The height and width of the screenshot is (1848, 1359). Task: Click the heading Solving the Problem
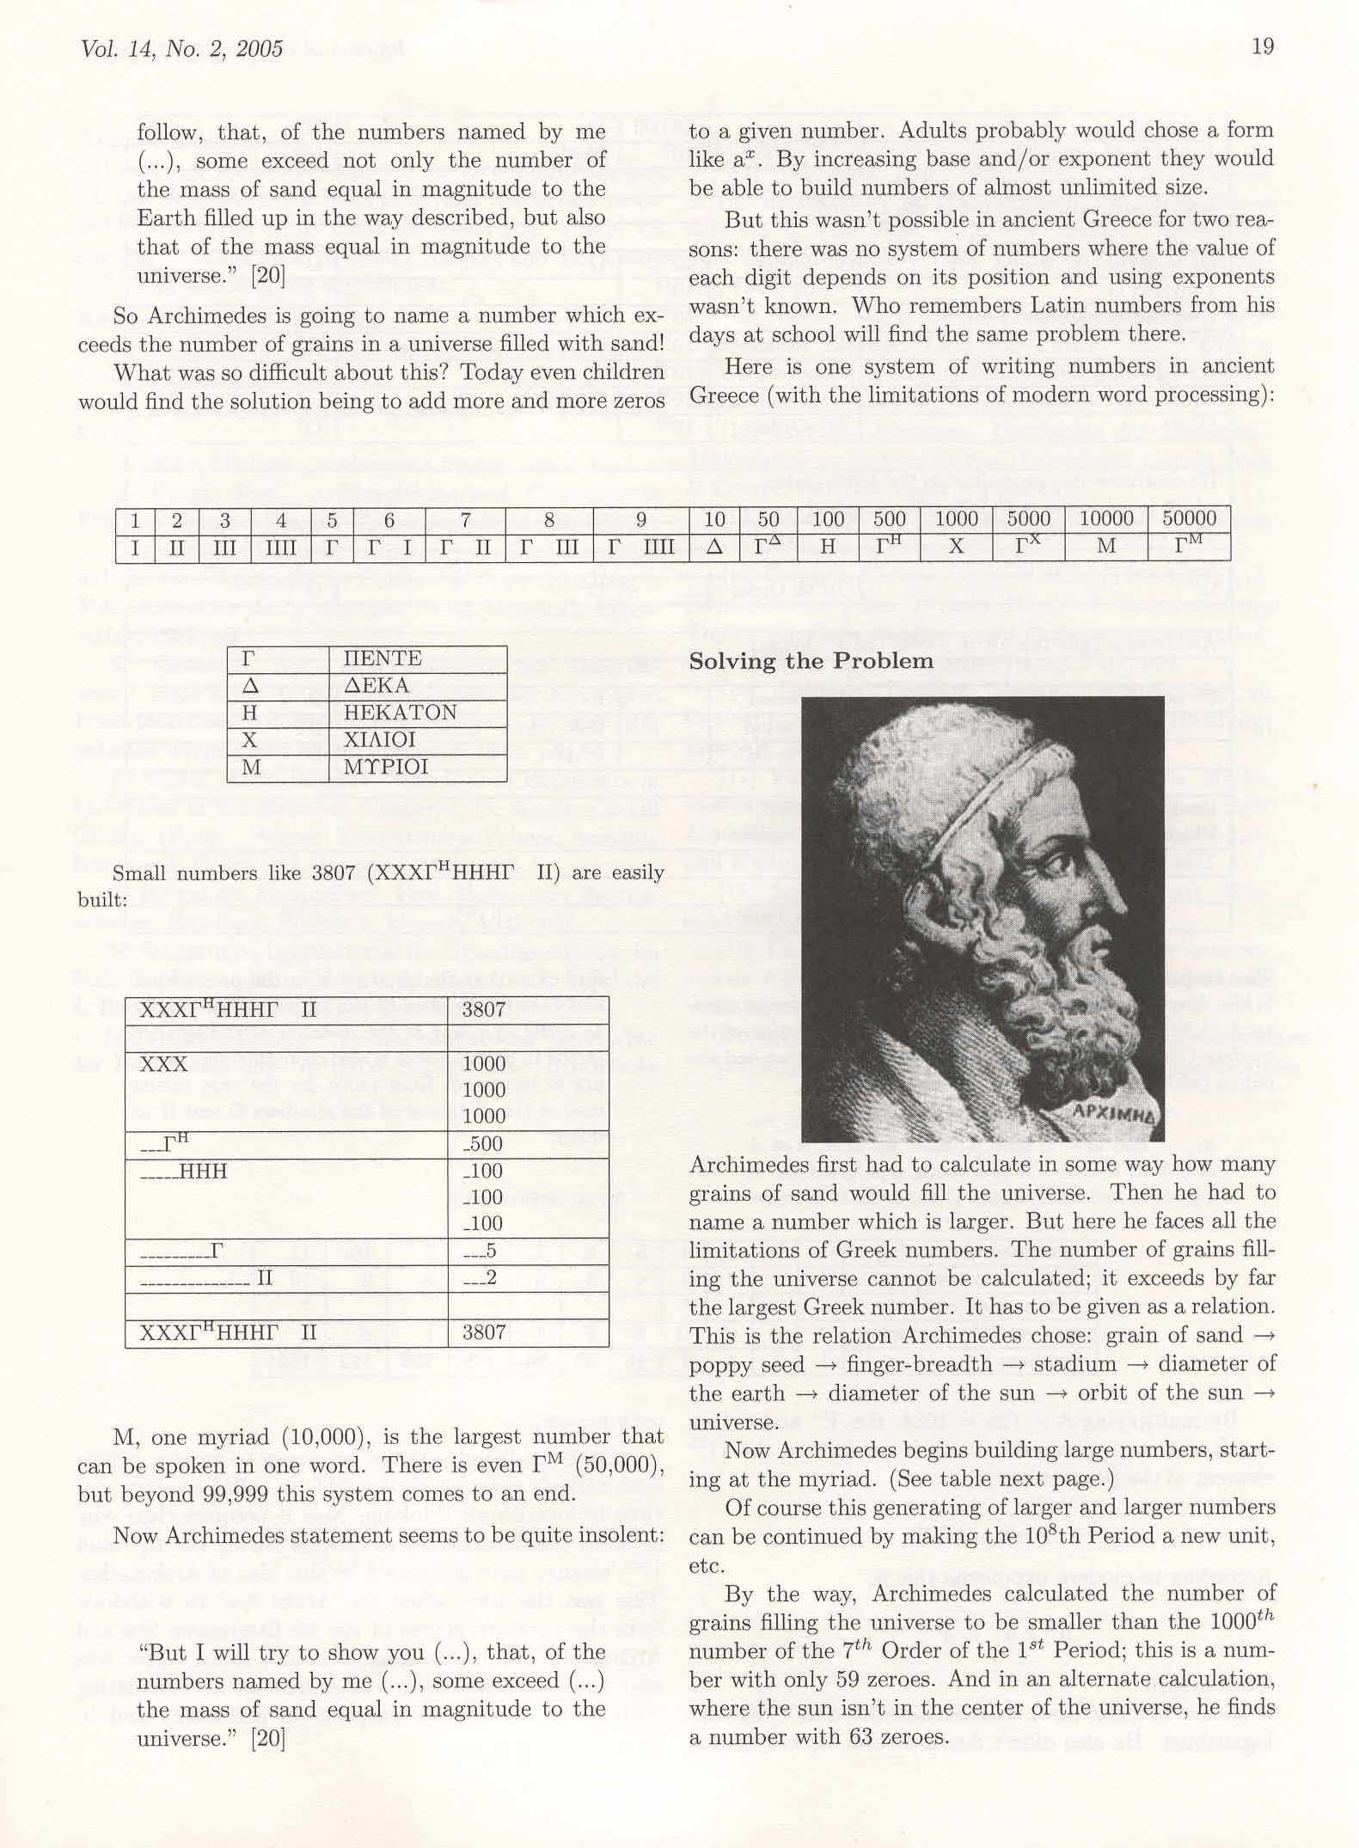pyautogui.click(x=811, y=661)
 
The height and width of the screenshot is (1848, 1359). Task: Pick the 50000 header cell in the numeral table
pyautogui.click(x=1189, y=518)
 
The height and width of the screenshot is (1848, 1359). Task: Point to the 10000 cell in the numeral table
pyautogui.click(x=1105, y=518)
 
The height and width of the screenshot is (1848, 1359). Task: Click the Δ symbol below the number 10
pyautogui.click(x=714, y=547)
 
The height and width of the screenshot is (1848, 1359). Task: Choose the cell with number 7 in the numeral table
pyautogui.click(x=465, y=519)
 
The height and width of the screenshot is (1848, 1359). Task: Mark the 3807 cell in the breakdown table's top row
pyautogui.click(x=483, y=1010)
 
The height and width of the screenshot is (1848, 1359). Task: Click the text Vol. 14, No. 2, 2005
pyautogui.click(x=181, y=49)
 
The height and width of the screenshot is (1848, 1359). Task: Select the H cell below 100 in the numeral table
pyautogui.click(x=827, y=547)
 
